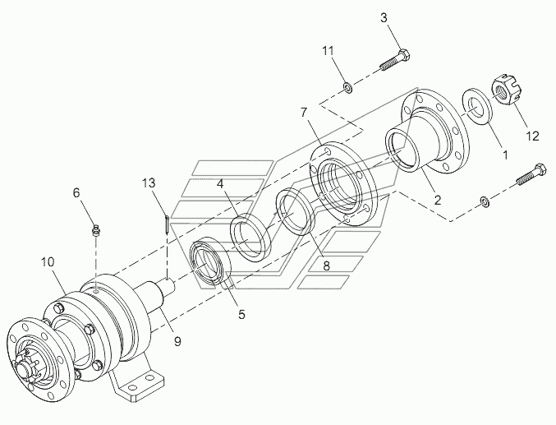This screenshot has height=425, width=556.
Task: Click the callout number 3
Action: coord(384,18)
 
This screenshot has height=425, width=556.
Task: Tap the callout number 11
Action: coord(328,51)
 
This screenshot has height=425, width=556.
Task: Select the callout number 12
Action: coord(532,136)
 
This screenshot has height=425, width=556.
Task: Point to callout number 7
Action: coord(304,113)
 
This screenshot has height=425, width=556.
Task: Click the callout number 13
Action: coord(149,183)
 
